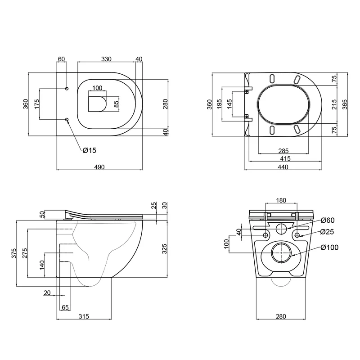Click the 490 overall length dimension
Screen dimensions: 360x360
[99, 167]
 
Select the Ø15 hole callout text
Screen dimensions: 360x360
[90, 150]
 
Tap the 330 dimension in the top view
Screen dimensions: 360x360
[106, 59]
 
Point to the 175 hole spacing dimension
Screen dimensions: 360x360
[37, 104]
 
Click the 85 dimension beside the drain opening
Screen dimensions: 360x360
[116, 104]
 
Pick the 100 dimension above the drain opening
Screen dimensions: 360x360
[97, 88]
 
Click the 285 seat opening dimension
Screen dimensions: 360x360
[283, 151]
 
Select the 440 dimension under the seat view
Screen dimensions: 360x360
[283, 167]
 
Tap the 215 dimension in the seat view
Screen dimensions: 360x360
[334, 104]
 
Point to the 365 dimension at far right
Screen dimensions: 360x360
[345, 104]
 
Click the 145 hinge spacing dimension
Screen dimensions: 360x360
[229, 104]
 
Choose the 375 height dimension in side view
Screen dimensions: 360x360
[14, 253]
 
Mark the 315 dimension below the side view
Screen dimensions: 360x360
[84, 316]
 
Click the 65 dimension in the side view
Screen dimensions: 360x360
[65, 307]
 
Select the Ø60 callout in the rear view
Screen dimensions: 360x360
[328, 220]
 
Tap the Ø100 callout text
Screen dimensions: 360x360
[329, 247]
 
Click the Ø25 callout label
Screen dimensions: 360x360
[327, 232]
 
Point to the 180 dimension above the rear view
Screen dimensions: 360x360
[281, 200]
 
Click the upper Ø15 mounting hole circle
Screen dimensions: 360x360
[67, 89]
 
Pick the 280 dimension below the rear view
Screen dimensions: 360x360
[281, 316]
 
